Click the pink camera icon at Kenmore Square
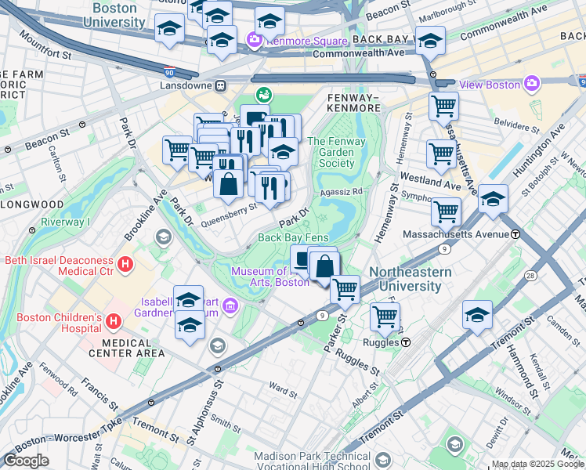254,40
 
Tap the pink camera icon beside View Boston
532,84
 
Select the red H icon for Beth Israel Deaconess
125,266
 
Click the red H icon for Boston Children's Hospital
114,321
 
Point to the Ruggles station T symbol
407,342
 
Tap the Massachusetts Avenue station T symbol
515,233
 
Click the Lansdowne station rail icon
222,85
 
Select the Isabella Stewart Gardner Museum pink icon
230,304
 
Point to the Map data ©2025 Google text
537,464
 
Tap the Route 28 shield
531,275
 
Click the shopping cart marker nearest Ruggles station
385,316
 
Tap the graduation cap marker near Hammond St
477,315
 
